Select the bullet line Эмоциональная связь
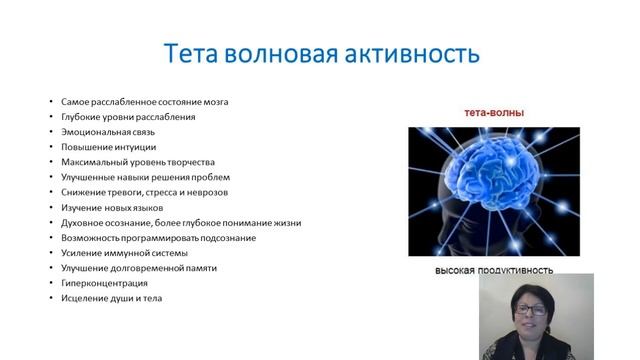[104, 131]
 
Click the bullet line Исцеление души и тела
[110, 298]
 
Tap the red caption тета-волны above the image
[492, 113]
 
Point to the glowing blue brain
[490, 185]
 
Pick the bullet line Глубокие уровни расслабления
[128, 116]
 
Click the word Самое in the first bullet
[75, 101]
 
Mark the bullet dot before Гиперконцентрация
[50, 284]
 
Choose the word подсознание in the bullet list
[229, 237]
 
